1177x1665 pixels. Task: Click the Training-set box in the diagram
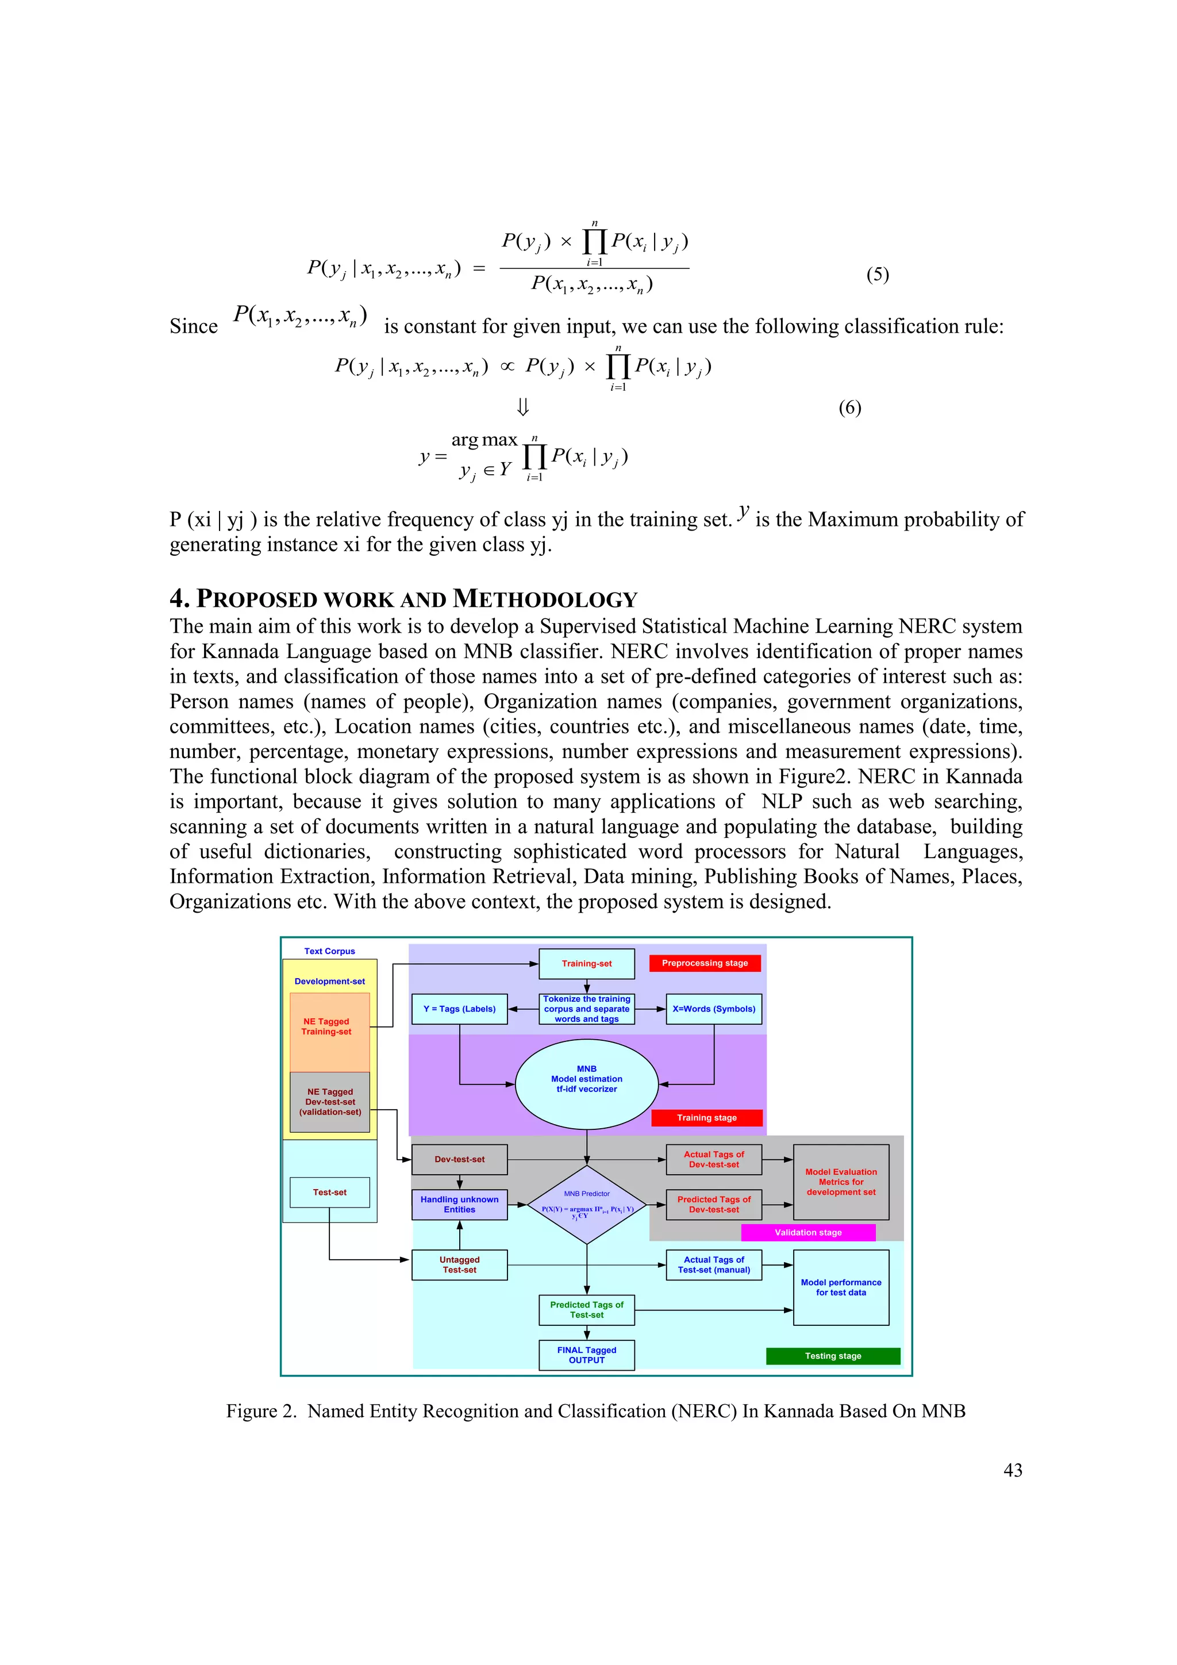[x=586, y=963]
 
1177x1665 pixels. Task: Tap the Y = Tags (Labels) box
[x=459, y=1009]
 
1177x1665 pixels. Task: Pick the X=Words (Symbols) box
[x=714, y=1009]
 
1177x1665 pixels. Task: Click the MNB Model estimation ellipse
[x=586, y=1084]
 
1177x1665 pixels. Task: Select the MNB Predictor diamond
[x=586, y=1205]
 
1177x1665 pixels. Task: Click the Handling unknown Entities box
[x=459, y=1205]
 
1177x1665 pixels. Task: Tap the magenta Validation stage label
[x=808, y=1232]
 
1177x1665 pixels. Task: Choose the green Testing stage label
[x=833, y=1355]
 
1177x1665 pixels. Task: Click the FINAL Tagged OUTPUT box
[x=586, y=1355]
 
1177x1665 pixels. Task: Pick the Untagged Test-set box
[x=459, y=1265]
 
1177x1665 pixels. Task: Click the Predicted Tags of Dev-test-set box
[x=714, y=1205]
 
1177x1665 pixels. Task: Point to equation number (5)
[x=878, y=274]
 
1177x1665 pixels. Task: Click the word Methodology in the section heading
[x=545, y=599]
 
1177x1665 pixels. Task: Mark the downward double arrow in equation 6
[x=522, y=407]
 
